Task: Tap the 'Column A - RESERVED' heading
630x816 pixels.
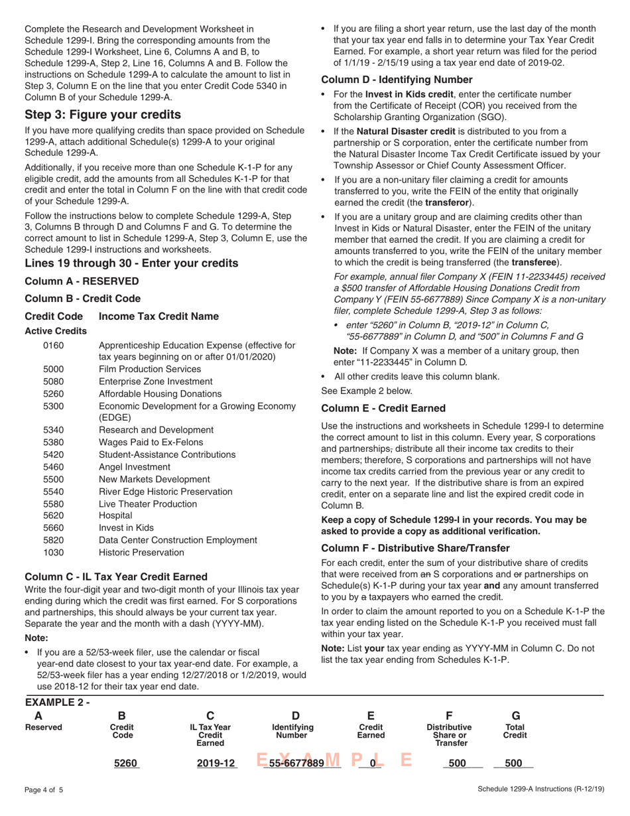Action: click(82, 281)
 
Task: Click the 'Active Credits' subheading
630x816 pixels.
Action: click(56, 330)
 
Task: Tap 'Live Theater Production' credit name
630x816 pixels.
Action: click(148, 504)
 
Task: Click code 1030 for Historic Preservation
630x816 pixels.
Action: click(53, 552)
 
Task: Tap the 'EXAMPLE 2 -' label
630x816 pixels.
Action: click(57, 701)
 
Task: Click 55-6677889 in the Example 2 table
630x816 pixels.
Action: click(296, 763)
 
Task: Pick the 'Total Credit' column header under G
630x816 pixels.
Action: click(516, 732)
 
